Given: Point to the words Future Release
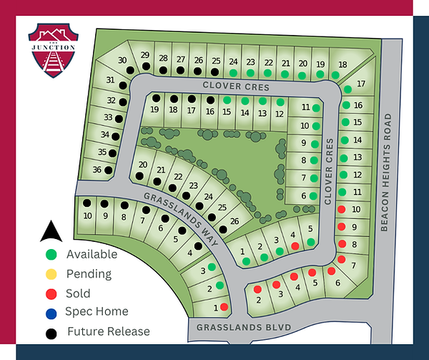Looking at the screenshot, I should click(x=108, y=331).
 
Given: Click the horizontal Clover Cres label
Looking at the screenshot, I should click(x=228, y=86).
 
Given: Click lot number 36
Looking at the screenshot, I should click(x=97, y=169).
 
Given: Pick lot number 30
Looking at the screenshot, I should click(x=122, y=60).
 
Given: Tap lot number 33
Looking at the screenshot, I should click(x=109, y=117).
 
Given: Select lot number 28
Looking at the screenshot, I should click(x=163, y=58).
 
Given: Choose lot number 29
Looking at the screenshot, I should click(x=144, y=55).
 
